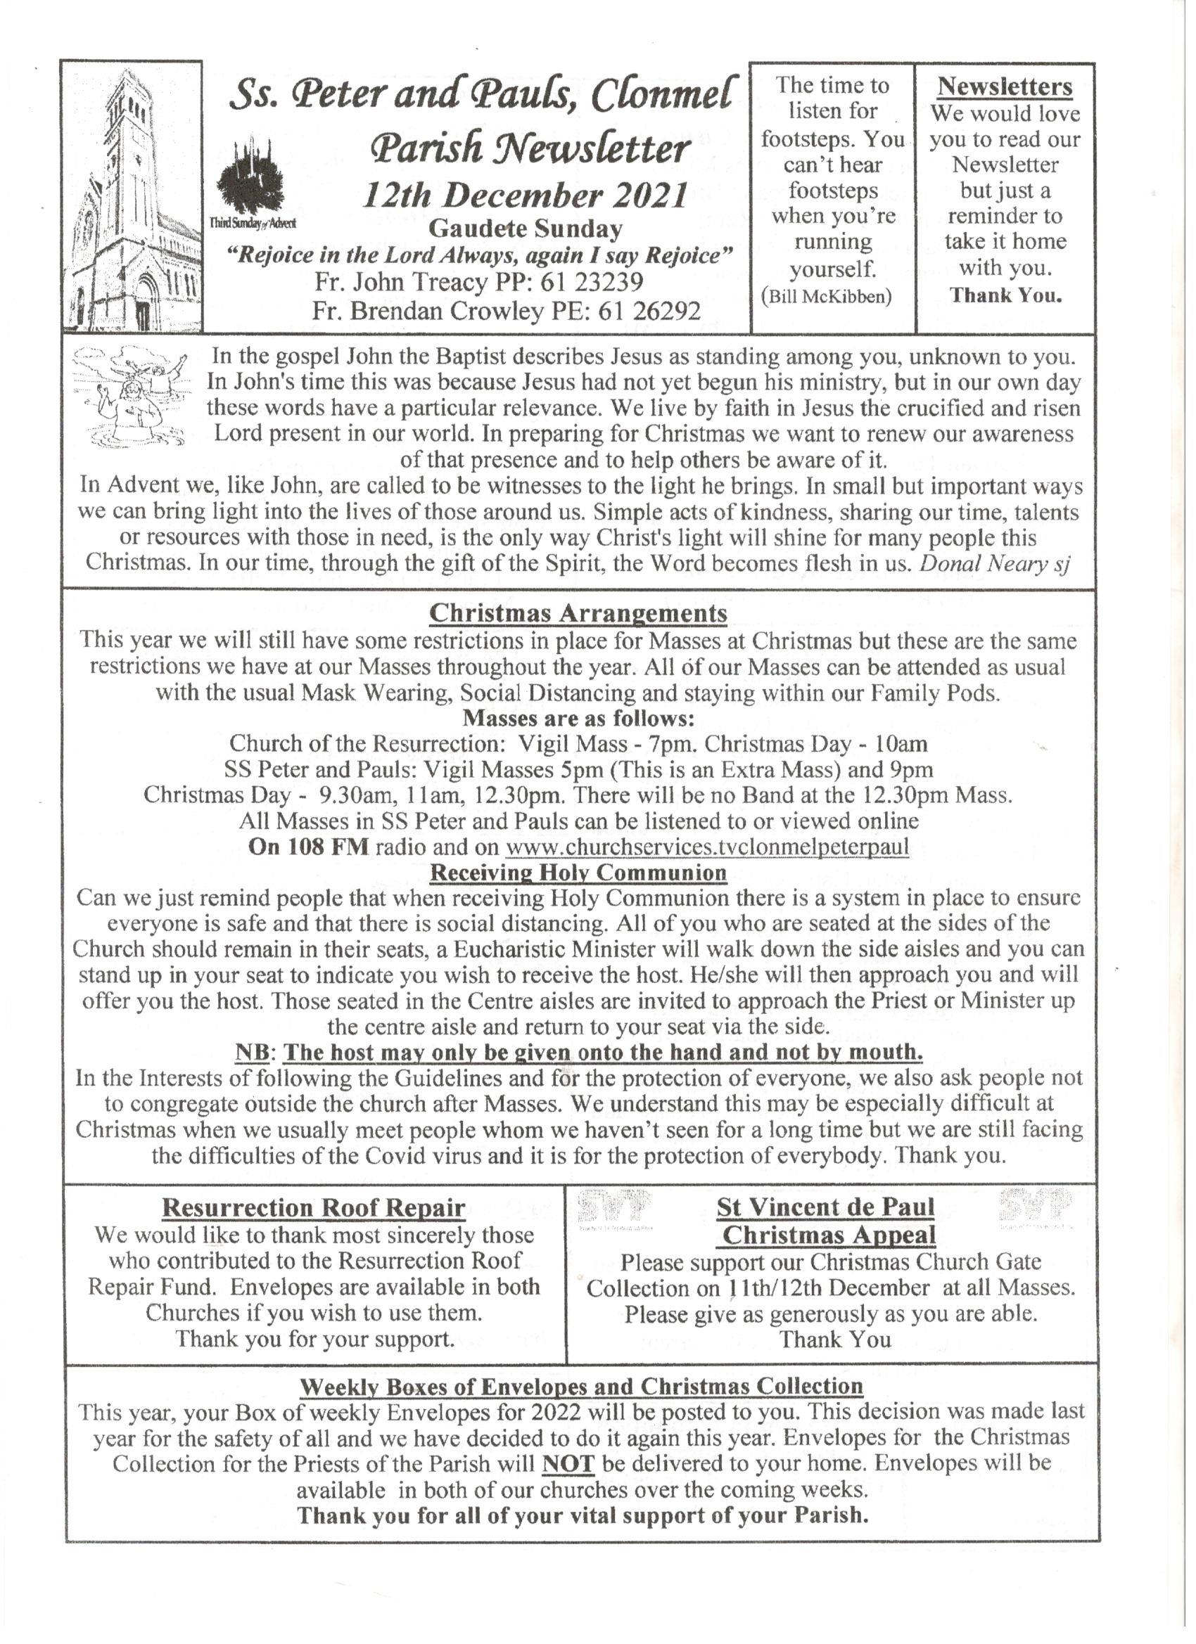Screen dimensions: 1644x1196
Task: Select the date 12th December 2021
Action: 525,195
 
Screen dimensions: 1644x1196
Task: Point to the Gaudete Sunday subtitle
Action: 525,229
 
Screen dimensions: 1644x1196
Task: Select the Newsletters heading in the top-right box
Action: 1005,87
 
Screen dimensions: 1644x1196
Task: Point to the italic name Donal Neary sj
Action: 995,564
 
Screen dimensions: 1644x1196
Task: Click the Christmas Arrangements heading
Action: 578,613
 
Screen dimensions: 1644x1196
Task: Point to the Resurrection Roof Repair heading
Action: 313,1207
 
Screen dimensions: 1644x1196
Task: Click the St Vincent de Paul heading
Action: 825,1207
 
